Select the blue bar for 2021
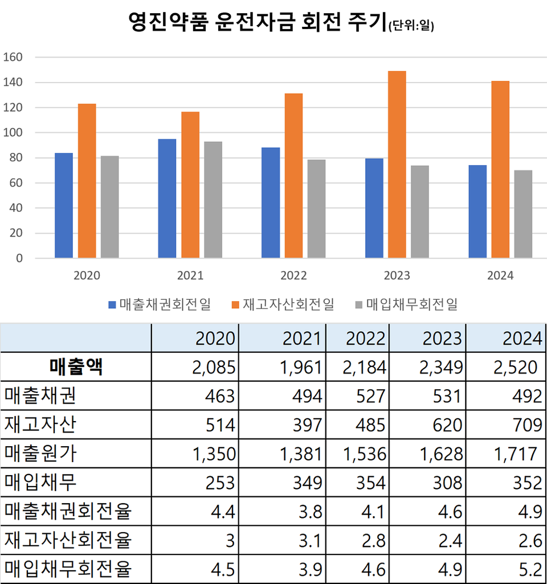click(167, 198)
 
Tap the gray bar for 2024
click(522, 214)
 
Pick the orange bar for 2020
click(87, 181)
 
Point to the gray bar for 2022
click(316, 209)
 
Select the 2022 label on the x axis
click(293, 276)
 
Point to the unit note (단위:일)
click(410, 26)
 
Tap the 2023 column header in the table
click(442, 338)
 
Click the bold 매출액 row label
click(76, 367)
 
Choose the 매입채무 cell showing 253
click(219, 483)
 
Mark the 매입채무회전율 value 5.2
click(530, 569)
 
